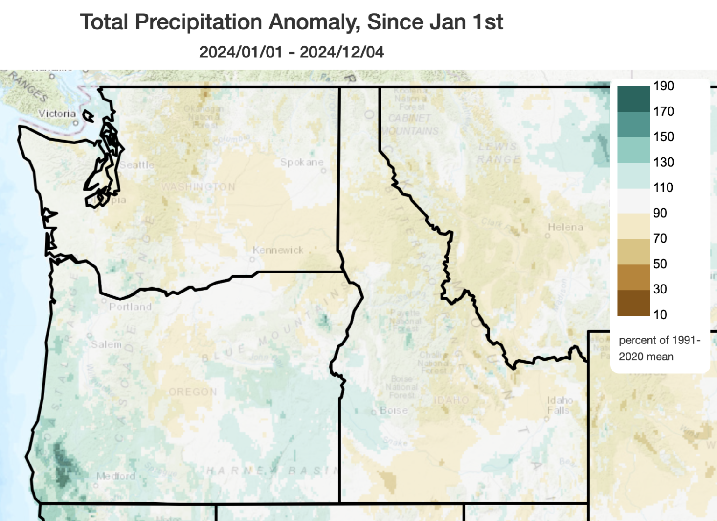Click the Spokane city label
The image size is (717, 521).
tap(302, 162)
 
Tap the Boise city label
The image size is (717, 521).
tap(394, 410)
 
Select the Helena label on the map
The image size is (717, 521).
tap(565, 227)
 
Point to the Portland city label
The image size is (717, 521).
tap(130, 307)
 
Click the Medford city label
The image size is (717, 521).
tap(116, 476)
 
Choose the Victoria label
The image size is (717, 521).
tap(57, 114)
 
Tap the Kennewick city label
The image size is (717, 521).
tap(278, 250)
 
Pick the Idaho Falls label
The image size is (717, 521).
tap(559, 405)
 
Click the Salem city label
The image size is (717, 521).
tap(106, 344)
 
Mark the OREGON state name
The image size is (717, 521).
tap(193, 392)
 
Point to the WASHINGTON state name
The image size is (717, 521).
tap(198, 187)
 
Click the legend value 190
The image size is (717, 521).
tap(663, 86)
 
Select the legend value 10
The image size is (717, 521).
tap(660, 314)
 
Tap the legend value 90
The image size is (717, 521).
tap(660, 213)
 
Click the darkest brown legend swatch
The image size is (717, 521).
tap(633, 303)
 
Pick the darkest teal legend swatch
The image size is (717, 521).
tap(633, 99)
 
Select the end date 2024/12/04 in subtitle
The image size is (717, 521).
tap(342, 52)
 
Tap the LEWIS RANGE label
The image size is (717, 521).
tap(498, 153)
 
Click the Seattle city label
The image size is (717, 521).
tap(136, 165)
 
